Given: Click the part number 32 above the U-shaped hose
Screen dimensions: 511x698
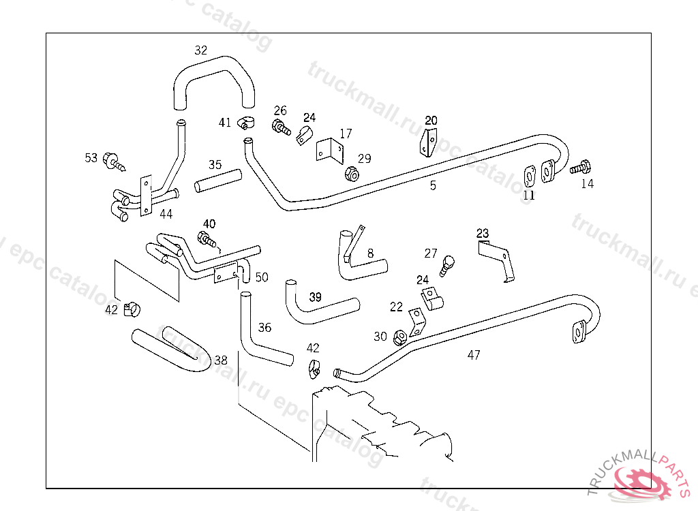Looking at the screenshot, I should click(200, 50).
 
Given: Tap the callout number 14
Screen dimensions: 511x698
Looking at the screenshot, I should click(587, 184).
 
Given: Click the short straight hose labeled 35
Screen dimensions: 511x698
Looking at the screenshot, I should click(218, 181).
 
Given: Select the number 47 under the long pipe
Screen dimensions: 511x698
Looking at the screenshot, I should click(474, 354).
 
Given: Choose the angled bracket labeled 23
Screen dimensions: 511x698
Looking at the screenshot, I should click(496, 258).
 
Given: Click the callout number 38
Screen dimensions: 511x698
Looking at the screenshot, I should click(221, 360).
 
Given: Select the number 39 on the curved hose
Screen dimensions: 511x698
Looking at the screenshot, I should click(315, 297).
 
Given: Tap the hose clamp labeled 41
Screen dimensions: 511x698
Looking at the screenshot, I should click(245, 124).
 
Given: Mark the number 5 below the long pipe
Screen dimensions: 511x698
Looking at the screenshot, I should click(433, 185).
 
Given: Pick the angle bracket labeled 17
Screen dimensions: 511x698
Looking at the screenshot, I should click(329, 151).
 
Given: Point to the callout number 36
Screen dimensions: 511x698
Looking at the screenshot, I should click(264, 328).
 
